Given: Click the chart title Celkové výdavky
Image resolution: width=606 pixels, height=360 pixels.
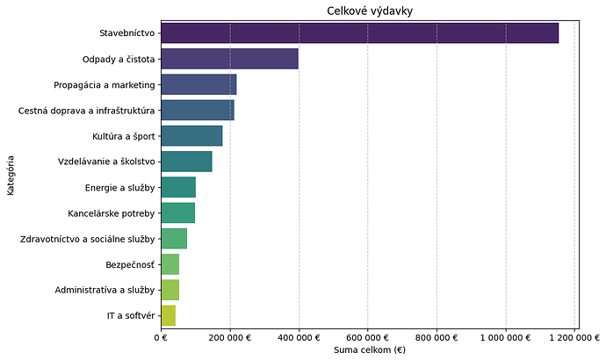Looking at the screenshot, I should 368,11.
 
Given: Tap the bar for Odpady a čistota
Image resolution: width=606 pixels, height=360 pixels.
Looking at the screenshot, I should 230,59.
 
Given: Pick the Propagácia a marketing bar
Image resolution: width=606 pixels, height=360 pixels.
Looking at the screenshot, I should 199,84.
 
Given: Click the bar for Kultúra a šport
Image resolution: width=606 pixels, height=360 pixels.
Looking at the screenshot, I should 192,136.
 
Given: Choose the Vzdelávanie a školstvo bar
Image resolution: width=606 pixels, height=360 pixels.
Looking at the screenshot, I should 187,162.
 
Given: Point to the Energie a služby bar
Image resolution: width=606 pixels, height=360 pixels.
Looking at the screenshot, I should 179,187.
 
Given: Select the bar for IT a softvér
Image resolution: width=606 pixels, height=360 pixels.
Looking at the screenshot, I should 169,315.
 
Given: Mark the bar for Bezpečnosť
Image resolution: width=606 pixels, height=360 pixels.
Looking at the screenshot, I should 170,263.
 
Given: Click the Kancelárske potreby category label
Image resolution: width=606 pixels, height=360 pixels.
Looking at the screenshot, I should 111,213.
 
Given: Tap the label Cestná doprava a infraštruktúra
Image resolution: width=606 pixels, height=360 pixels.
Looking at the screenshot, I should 86,111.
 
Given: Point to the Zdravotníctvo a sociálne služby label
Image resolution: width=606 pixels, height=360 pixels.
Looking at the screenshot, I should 87,239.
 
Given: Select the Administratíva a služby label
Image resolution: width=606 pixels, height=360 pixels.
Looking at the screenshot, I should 105,290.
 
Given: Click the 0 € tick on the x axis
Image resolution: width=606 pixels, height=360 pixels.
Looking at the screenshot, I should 161,336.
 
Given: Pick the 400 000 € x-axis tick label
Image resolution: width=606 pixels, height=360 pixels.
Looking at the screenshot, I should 299,336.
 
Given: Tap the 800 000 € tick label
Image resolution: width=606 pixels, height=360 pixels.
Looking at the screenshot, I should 436,336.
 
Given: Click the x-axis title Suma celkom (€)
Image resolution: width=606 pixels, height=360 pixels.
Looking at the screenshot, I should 368,350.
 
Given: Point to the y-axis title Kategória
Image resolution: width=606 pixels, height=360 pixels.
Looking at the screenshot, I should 11,175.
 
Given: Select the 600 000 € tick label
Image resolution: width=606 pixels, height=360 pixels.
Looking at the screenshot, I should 368,336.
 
